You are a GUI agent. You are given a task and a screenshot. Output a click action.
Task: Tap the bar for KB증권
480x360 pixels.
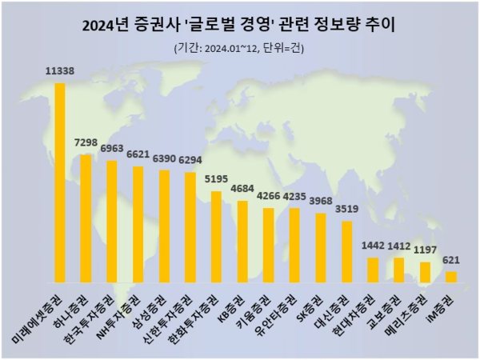point(242,242)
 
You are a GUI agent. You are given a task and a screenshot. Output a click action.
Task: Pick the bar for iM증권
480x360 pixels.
point(451,277)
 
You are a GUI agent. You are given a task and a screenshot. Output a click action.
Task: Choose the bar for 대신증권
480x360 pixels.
point(346,252)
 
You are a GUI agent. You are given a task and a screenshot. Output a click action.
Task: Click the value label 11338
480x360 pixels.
point(59,71)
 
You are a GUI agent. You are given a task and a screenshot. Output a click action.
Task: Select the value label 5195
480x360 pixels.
point(216,179)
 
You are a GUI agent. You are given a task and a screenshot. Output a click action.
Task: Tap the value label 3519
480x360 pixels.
point(346,209)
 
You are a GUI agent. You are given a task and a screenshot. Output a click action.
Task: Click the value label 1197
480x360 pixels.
point(425,250)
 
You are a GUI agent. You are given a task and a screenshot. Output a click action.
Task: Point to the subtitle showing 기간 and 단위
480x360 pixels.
point(239,48)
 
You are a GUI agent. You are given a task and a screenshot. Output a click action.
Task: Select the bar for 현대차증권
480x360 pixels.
point(373,270)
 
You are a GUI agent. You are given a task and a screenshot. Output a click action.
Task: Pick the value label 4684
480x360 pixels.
point(242,189)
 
